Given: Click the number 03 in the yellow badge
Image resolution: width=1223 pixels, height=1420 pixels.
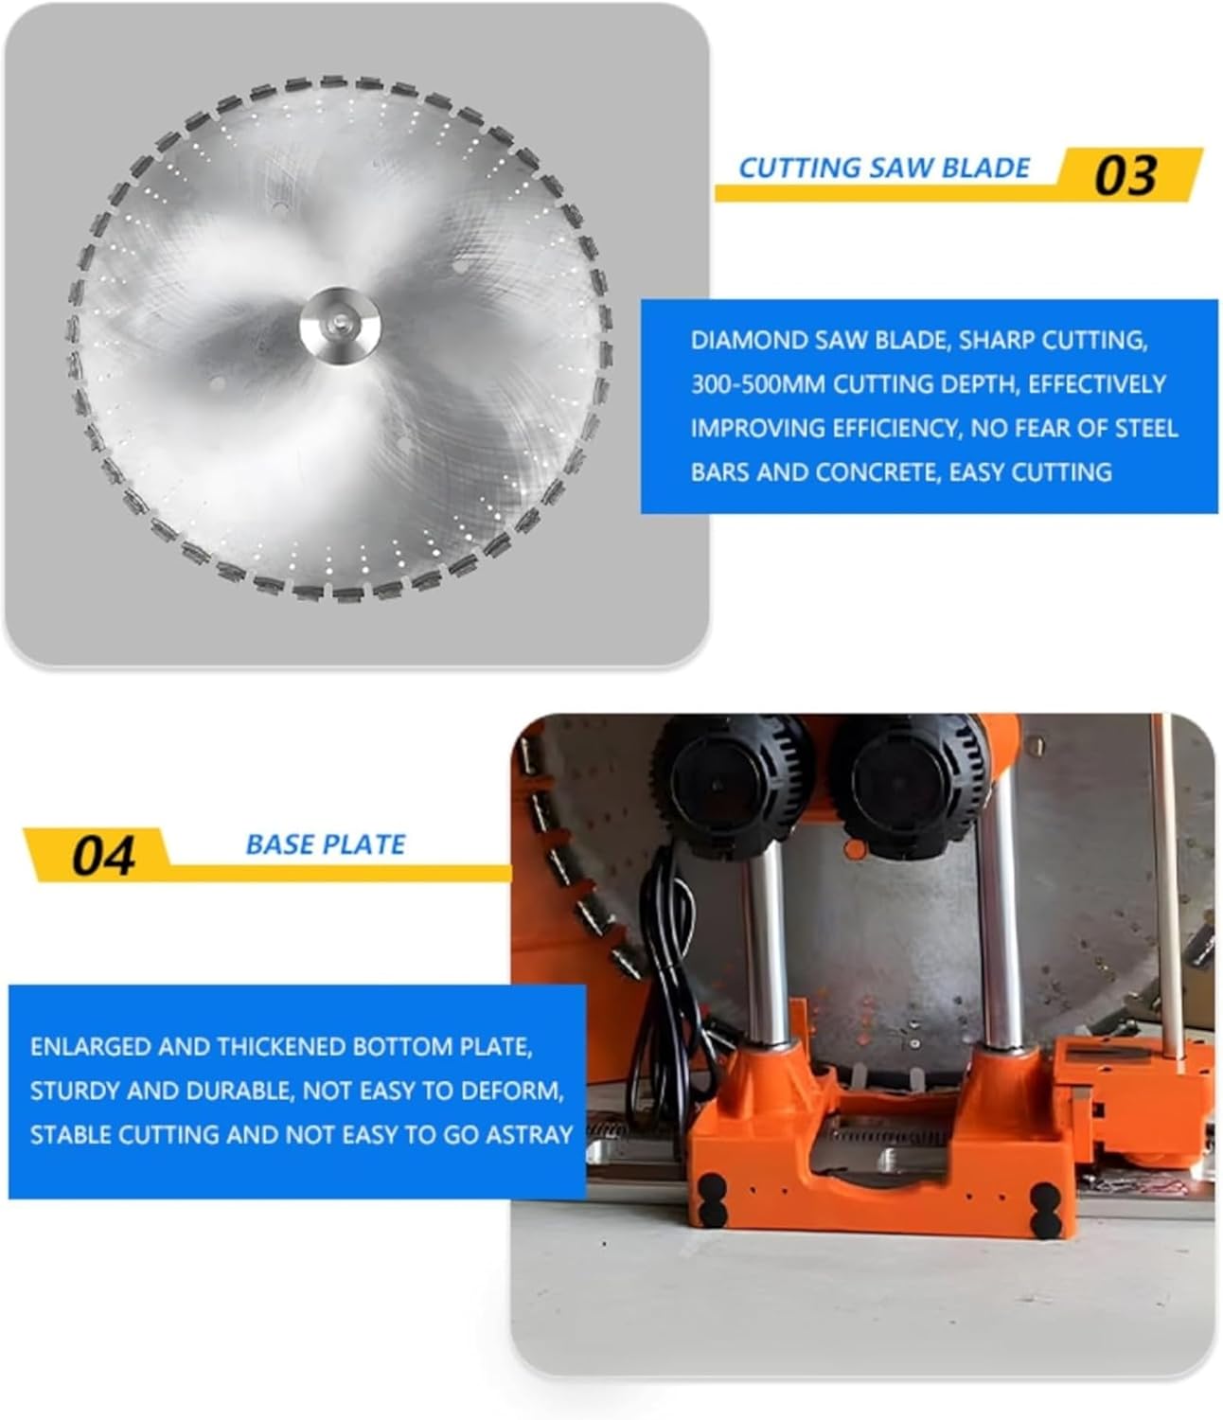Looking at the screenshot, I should [x=1125, y=176].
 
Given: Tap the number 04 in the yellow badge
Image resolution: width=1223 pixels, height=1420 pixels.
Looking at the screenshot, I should [x=103, y=856].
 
